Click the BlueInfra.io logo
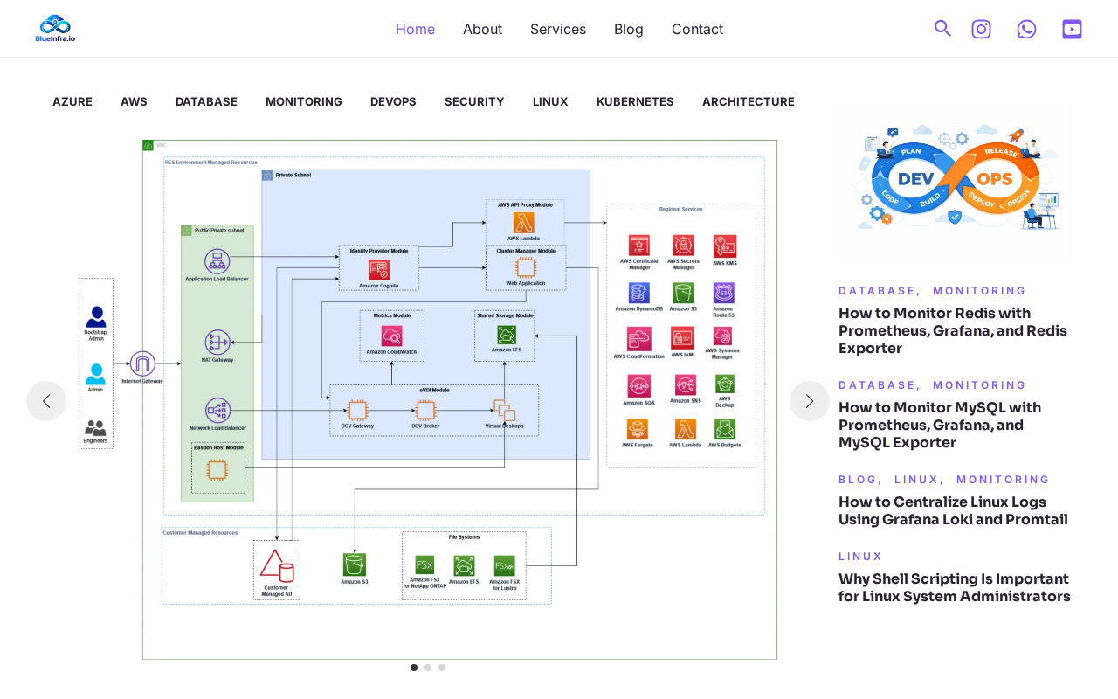click(x=55, y=28)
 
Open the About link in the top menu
click(x=482, y=29)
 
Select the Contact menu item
click(x=697, y=29)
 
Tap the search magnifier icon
click(x=942, y=29)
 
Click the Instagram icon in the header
click(x=982, y=29)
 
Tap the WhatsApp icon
click(x=1026, y=29)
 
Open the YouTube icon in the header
click(x=1072, y=29)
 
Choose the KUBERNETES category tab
click(x=635, y=101)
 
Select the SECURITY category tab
click(x=474, y=101)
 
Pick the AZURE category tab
click(x=72, y=101)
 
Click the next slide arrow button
click(x=810, y=401)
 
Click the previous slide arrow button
click(x=46, y=401)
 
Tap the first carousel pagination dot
click(x=414, y=668)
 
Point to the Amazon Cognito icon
click(x=379, y=270)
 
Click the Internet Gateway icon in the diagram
click(x=142, y=363)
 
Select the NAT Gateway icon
click(x=217, y=342)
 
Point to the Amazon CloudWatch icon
click(x=391, y=336)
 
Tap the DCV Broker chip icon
click(x=425, y=410)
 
